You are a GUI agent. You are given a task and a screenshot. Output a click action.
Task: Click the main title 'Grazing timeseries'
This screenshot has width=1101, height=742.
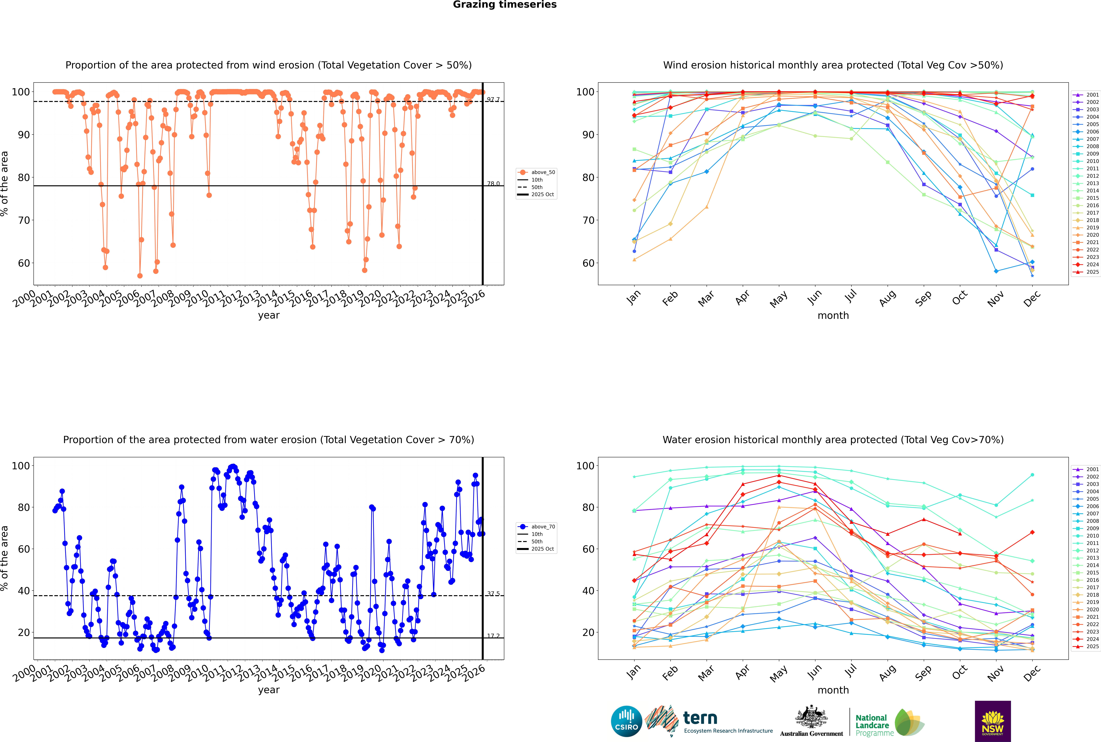tap(505, 5)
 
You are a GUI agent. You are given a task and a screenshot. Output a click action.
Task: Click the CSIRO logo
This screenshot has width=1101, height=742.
tap(626, 721)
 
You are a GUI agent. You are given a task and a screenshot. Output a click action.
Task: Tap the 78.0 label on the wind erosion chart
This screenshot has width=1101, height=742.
tap(493, 184)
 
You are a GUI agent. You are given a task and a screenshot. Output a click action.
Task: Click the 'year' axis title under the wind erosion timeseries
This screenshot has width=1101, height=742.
tap(269, 315)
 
